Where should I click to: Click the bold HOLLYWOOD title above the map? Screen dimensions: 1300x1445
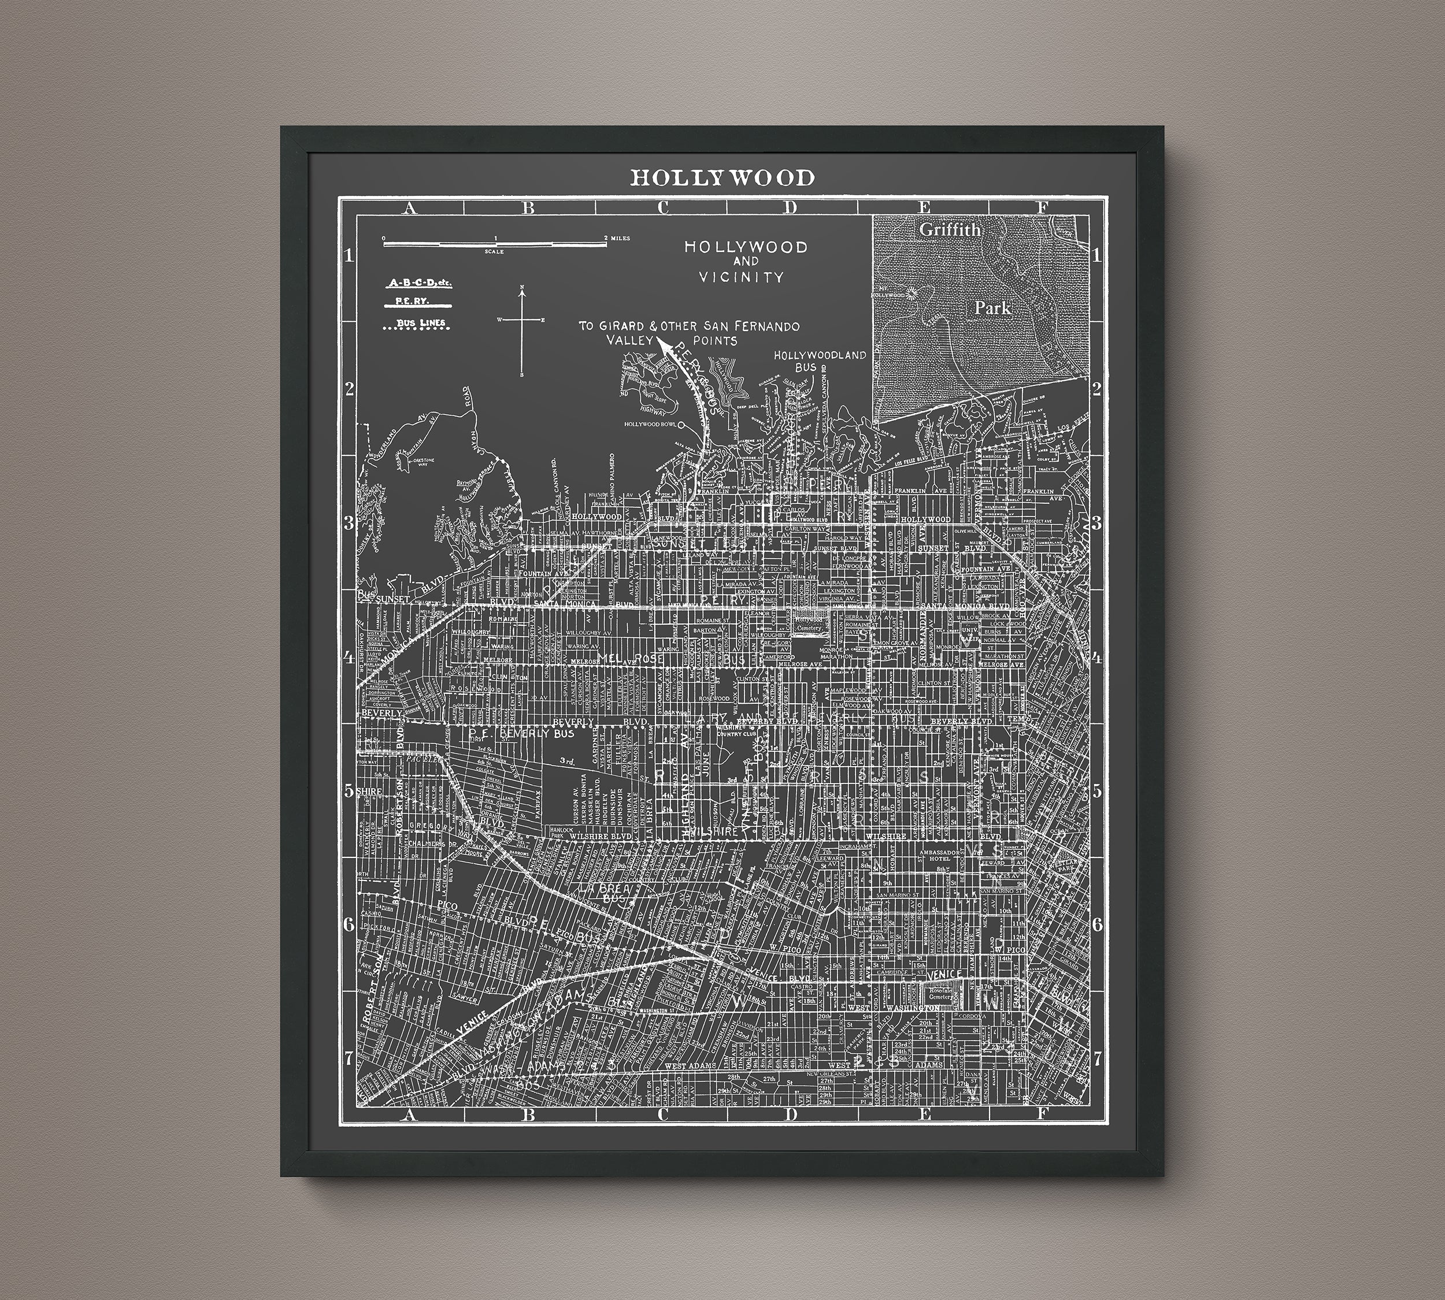pos(722,177)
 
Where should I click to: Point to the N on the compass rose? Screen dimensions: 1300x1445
pos(523,288)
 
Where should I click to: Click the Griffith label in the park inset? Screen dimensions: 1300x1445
pos(950,229)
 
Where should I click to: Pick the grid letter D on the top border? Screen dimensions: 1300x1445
pos(790,208)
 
